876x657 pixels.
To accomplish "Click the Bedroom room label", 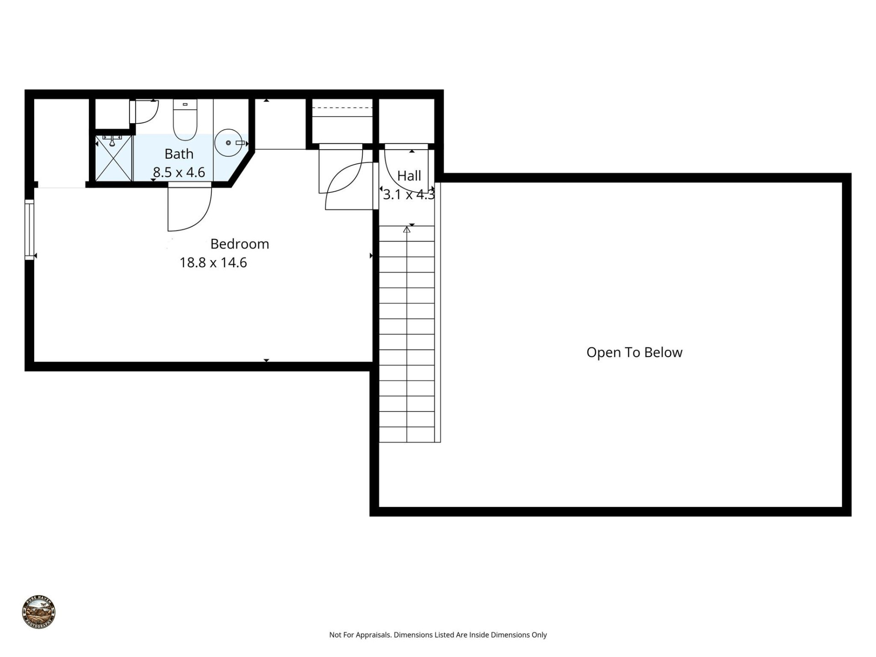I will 240,244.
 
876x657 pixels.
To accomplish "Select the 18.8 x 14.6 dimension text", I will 213,263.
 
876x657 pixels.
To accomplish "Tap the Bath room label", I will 179,154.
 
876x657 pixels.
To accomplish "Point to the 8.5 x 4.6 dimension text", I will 179,172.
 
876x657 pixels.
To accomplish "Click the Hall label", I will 409,176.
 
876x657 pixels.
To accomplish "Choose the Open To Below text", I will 634,352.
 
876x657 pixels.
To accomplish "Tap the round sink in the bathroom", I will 228,143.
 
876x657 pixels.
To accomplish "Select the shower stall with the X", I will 114,158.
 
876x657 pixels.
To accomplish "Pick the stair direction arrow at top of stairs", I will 407,229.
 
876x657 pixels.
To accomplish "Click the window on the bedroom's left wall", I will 29,229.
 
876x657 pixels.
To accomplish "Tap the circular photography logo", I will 39,612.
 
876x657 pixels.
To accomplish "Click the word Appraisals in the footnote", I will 373,635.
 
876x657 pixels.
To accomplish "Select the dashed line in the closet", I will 342,108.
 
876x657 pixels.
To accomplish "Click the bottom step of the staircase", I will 407,434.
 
